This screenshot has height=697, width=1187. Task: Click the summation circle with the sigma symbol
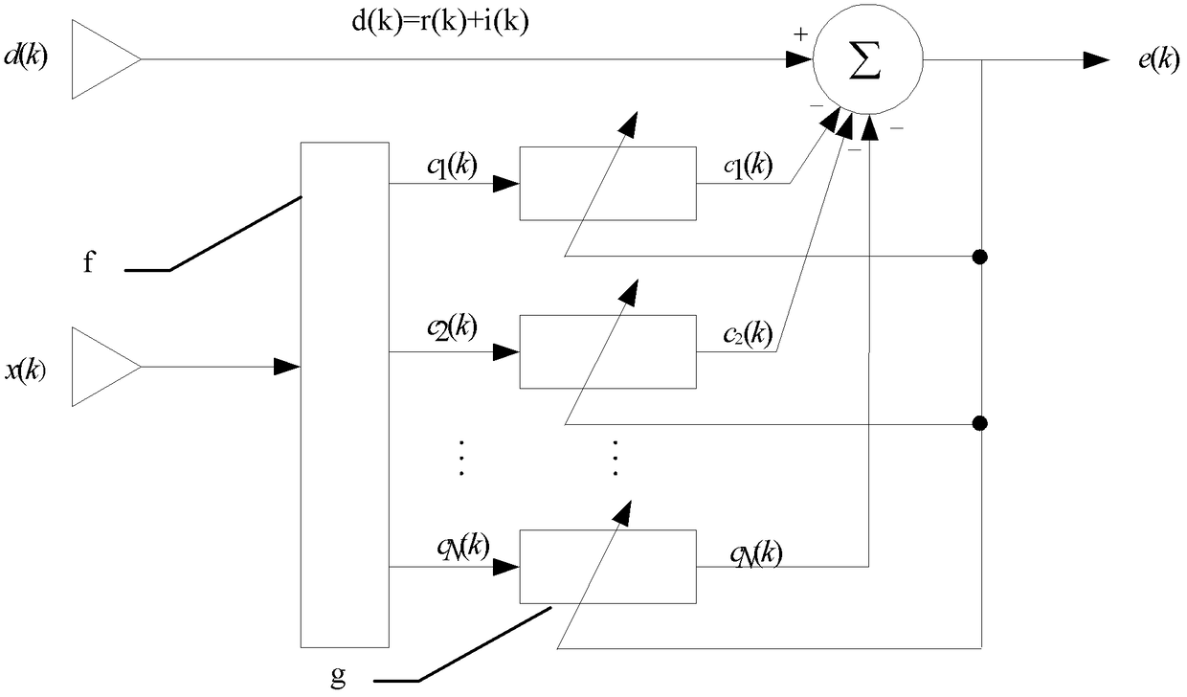(867, 58)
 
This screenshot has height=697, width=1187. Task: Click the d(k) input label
(26, 56)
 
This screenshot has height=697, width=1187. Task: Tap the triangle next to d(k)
(106, 59)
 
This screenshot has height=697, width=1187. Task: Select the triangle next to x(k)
(106, 367)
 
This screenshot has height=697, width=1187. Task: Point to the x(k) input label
(26, 370)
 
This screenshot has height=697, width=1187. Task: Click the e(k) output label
(1159, 59)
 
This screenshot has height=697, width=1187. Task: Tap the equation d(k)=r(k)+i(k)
(440, 23)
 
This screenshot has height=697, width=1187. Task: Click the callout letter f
(89, 261)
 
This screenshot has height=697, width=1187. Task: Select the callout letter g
(338, 676)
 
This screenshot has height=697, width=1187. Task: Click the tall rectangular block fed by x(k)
(345, 394)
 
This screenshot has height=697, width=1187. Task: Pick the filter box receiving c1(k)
(608, 184)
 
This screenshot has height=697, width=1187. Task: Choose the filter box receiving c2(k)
(608, 352)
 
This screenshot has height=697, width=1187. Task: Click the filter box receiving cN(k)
(608, 567)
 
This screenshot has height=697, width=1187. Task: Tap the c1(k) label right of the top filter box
(749, 167)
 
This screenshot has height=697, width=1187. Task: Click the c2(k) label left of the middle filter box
(452, 327)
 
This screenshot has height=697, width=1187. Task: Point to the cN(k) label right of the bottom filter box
(756, 554)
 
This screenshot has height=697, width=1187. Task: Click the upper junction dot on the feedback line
(980, 258)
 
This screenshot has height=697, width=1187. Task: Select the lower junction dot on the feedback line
(980, 423)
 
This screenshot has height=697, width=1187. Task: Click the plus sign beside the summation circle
(800, 35)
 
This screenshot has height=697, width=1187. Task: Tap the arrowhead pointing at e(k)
(1096, 60)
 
